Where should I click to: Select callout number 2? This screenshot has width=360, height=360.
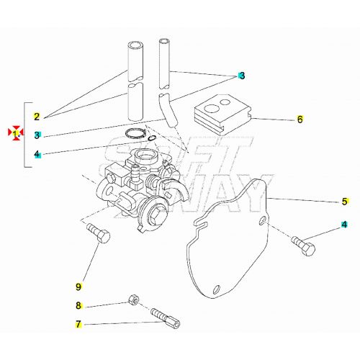click(x=37, y=115)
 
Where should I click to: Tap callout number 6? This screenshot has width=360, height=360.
click(x=300, y=120)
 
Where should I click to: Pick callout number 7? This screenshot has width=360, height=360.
click(x=78, y=324)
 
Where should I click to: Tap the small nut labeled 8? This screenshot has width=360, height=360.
click(x=132, y=300)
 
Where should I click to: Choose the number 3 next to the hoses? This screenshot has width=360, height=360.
click(x=242, y=76)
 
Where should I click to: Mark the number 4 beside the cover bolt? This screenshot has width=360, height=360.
click(x=344, y=225)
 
